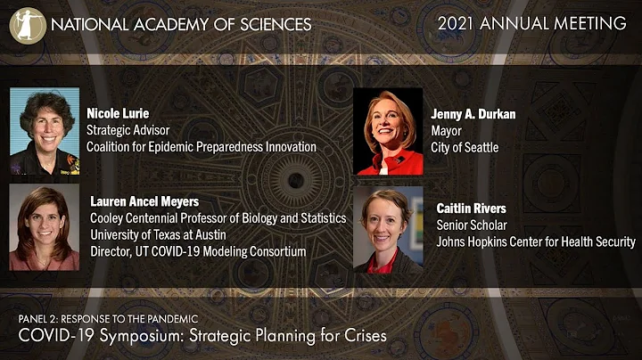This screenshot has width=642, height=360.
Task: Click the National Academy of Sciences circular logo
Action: click(27, 24)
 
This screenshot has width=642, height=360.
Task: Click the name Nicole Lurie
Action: click(119, 113)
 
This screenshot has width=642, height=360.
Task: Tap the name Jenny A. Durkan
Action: click(473, 114)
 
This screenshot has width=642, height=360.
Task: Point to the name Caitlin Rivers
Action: click(471, 209)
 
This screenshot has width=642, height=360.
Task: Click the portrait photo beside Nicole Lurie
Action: click(45, 132)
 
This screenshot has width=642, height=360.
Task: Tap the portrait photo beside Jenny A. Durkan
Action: click(389, 132)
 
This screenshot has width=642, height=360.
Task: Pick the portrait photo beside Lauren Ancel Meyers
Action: click(45, 227)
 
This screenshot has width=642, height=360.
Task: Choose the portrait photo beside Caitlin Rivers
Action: click(389, 229)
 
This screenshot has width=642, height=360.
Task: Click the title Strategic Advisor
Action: click(128, 130)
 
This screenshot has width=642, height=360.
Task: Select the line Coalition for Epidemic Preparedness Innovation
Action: click(201, 147)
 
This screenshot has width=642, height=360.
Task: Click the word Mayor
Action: click(448, 131)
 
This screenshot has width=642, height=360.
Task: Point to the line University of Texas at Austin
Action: click(163, 234)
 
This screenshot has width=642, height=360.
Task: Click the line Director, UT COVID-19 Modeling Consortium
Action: click(198, 251)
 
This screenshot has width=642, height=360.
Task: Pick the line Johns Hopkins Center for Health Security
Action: click(535, 241)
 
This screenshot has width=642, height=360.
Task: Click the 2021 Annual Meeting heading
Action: click(532, 24)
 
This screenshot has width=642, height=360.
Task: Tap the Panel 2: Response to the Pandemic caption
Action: click(108, 318)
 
